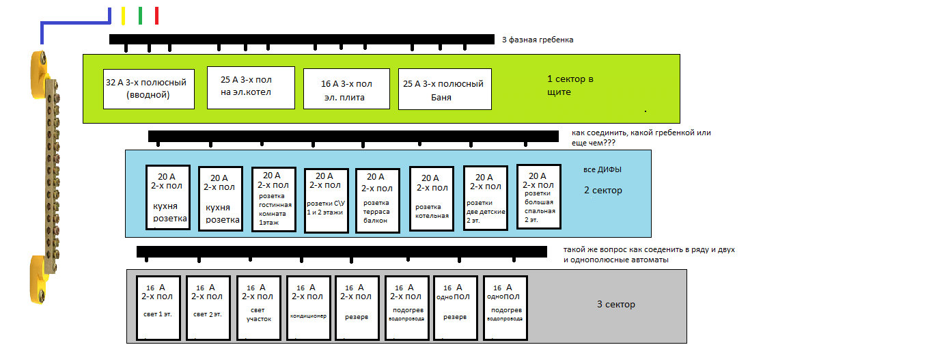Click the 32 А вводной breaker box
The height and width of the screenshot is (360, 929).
coord(146,89)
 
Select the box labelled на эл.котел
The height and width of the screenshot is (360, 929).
coord(250,87)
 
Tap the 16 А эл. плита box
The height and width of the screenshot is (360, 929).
coord(346,89)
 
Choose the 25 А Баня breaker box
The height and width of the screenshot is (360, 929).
coord(445,89)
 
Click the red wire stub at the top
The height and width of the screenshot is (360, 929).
coord(156,16)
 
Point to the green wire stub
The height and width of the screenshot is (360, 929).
coord(140,16)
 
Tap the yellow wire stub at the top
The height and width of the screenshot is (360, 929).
coord(123,16)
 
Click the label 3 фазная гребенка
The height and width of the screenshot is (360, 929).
coord(538,40)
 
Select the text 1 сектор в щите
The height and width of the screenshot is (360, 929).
coord(570,85)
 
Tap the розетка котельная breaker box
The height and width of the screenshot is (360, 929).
coord(431,198)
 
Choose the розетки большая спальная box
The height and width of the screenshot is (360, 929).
coord(538,196)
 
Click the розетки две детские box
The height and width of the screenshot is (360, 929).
coord(485,197)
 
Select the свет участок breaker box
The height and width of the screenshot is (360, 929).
coord(259,308)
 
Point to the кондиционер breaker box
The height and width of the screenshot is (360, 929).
coord(309,308)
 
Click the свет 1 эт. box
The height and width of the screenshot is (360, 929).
coord(158,308)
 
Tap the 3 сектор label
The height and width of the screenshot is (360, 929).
coord(615,305)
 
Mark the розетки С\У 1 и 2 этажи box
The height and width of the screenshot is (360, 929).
coord(326,200)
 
